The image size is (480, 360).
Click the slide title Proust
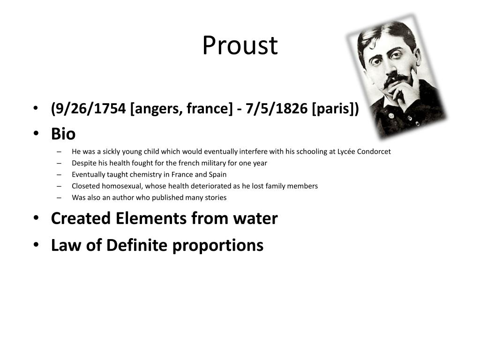(240, 45)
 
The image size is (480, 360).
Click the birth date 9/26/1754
(90, 109)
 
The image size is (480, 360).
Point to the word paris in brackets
(335, 109)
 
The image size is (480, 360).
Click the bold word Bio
(63, 134)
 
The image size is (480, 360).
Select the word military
(202, 163)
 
